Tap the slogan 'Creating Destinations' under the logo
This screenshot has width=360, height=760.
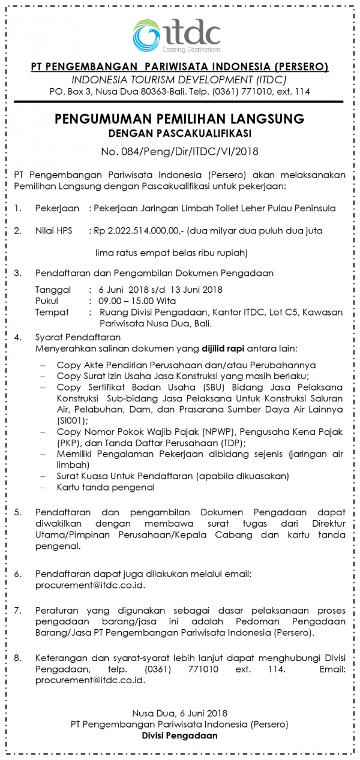(x=191, y=49)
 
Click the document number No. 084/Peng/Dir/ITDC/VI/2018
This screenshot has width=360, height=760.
(x=179, y=151)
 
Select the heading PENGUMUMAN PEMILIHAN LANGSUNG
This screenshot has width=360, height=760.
(x=179, y=118)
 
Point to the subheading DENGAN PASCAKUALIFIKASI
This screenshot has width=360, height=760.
(x=179, y=133)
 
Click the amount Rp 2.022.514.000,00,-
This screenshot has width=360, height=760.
(x=139, y=230)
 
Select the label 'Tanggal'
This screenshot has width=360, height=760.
(x=52, y=290)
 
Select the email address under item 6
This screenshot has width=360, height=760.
(x=90, y=585)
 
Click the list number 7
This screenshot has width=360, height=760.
(x=18, y=610)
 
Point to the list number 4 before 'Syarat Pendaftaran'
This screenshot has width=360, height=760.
(x=18, y=337)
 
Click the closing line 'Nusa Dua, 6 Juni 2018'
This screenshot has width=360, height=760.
(x=179, y=713)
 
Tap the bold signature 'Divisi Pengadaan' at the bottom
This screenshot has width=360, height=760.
(x=179, y=736)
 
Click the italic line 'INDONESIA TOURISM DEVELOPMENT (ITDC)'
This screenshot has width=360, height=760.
(x=179, y=80)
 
